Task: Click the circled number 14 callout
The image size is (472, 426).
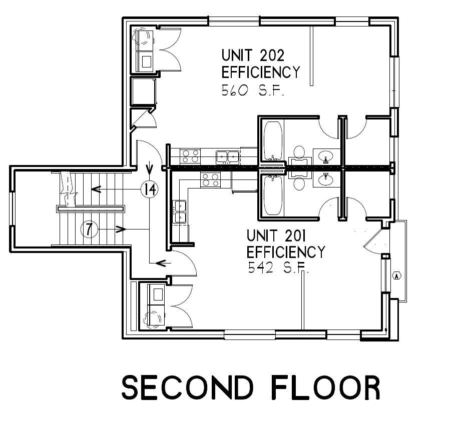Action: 150,189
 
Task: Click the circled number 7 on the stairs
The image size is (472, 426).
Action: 89,229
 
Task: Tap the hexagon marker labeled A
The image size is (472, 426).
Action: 397,275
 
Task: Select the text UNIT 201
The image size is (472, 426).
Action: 276,235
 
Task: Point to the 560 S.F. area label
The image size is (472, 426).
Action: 253,90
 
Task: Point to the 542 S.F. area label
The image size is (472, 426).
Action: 279,267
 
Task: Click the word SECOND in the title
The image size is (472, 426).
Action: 187,387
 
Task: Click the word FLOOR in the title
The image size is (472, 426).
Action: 326,387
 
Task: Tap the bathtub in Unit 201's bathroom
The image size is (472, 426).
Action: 273,195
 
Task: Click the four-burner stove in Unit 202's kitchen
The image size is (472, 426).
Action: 190,156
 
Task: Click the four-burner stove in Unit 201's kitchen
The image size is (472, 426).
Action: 211,180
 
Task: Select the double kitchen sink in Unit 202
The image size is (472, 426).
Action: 228,157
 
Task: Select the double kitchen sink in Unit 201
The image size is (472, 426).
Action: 180,212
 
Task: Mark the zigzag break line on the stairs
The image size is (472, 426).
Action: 69,189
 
